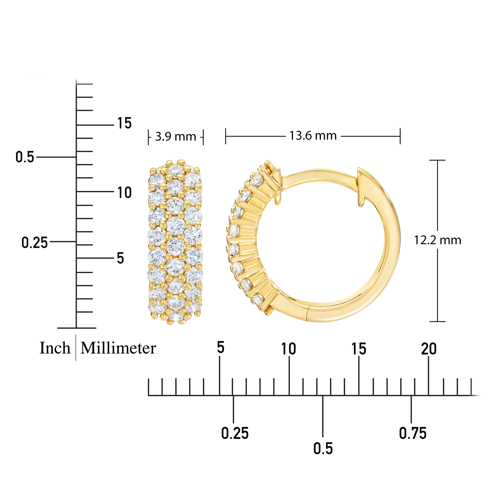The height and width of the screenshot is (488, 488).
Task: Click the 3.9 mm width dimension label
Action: pos(175,137)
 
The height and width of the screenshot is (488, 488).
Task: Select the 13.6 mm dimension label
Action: pos(313,136)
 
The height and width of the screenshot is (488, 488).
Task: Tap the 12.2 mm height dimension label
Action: pos(438,240)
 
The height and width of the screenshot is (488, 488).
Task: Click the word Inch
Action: pos(55,348)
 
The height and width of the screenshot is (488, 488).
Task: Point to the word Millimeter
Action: pos(118,348)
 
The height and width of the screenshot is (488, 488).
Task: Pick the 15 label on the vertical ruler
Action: pos(124,123)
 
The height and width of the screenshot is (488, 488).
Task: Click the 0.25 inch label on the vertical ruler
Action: pos(35,243)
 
